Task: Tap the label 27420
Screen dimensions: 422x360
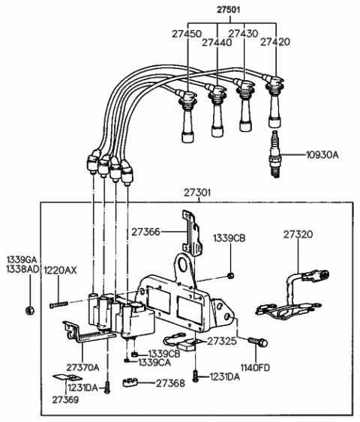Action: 275,42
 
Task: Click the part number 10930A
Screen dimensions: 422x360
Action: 322,155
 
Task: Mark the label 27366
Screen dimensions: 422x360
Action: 147,233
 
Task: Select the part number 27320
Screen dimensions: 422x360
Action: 298,235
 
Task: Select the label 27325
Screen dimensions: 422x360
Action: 223,341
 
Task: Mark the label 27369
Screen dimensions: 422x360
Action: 64,400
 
